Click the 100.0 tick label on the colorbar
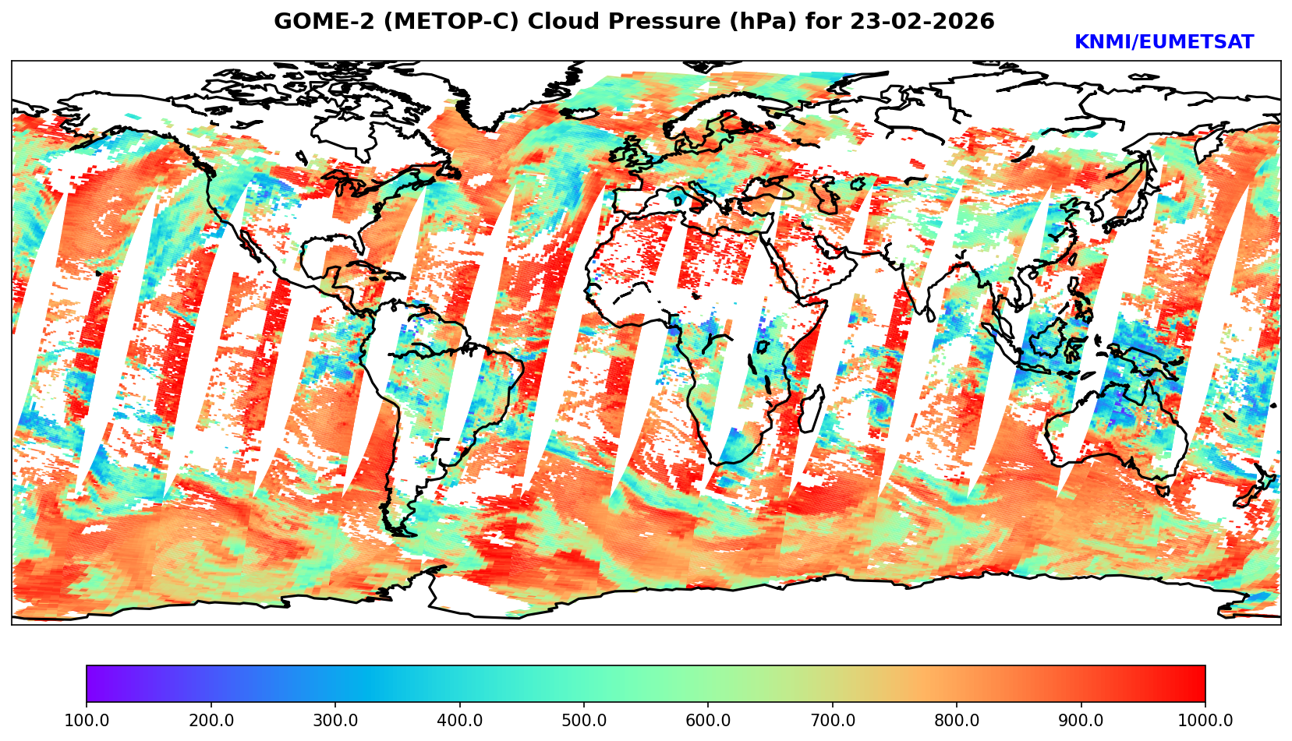pos(87,720)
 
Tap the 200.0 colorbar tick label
pos(211,720)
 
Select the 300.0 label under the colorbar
pos(335,720)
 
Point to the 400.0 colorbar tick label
pos(459,720)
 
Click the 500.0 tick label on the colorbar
pos(584,720)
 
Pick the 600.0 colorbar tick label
pos(708,720)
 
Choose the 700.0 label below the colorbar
pos(833,720)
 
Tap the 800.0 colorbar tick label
pos(957,720)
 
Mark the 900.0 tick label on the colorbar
pos(1081,720)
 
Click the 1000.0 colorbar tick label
pos(1205,720)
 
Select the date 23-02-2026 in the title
pos(922,22)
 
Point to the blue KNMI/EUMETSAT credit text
pos(1163,42)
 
